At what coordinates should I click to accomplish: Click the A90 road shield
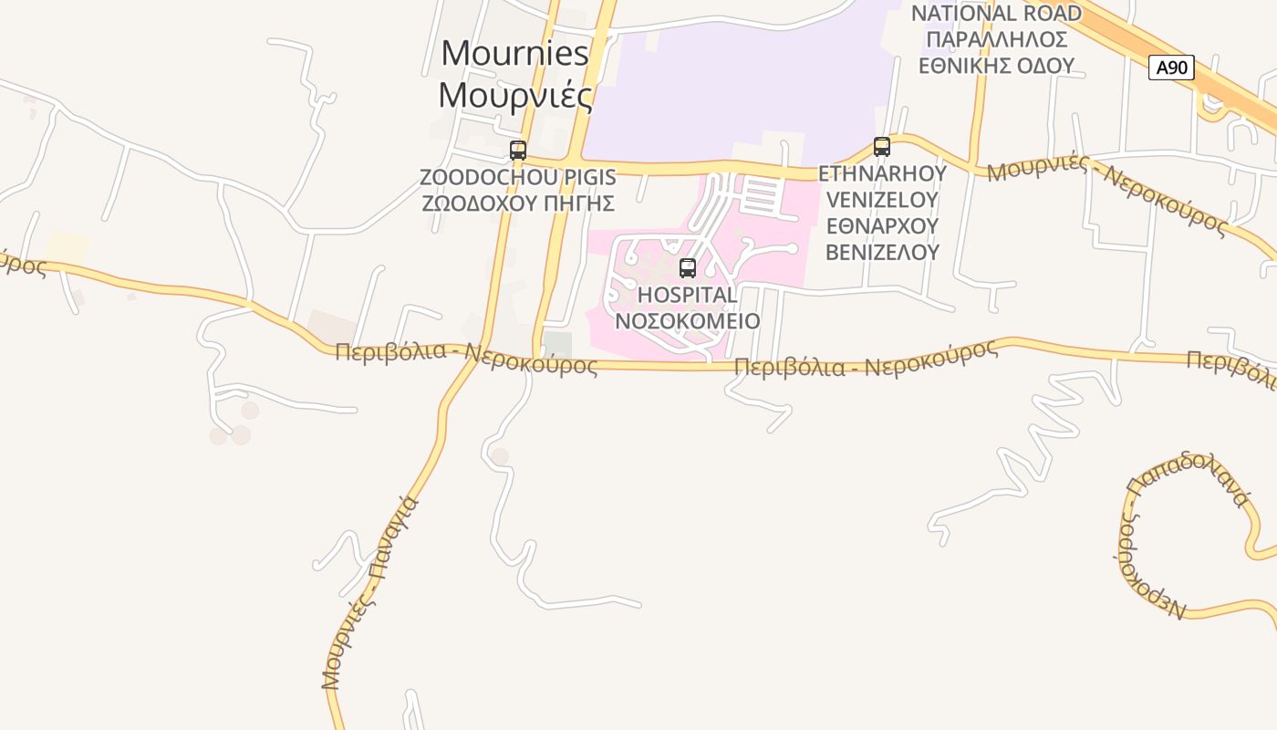coord(1171,67)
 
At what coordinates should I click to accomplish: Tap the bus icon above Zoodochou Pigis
coord(518,151)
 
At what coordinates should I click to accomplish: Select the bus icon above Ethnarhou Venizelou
coord(881,146)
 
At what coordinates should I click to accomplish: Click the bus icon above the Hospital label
coord(688,268)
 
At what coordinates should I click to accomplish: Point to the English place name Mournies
coord(515,53)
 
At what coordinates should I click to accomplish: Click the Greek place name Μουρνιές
coord(515,94)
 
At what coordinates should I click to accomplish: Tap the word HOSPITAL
coord(688,295)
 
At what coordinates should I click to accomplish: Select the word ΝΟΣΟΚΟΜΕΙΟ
coord(688,320)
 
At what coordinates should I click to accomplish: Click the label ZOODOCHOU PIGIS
coord(518,176)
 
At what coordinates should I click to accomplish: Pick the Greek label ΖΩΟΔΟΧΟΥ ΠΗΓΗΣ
coord(518,202)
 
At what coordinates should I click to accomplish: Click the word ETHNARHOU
coord(882,173)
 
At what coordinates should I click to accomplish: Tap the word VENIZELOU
coord(882,199)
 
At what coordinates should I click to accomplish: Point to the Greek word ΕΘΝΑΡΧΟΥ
coord(882,224)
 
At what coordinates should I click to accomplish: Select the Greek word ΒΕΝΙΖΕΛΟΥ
coord(882,251)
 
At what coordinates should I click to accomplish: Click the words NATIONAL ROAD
coord(996,14)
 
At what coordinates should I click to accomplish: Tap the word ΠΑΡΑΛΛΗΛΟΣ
coord(996,39)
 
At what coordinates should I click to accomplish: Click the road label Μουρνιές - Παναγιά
coord(369,593)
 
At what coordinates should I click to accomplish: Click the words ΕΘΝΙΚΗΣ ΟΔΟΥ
coord(996,66)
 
